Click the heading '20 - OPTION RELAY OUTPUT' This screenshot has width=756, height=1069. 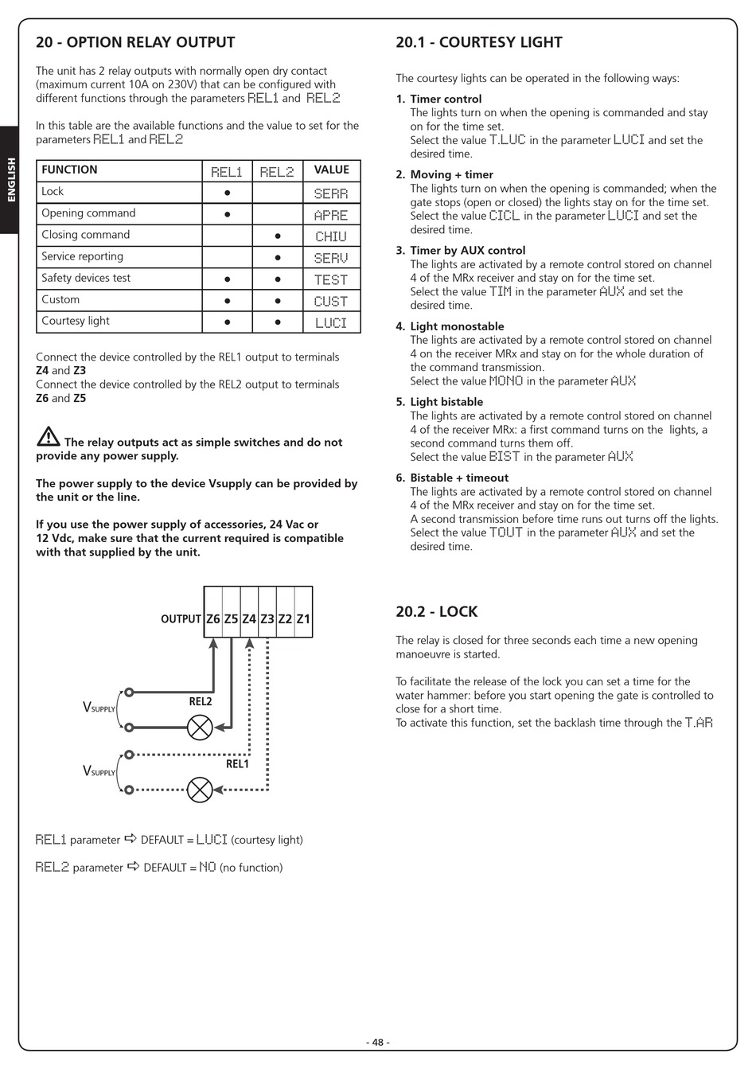[x=135, y=43]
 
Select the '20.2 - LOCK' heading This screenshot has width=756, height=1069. [x=437, y=612]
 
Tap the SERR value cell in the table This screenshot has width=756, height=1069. [x=331, y=193]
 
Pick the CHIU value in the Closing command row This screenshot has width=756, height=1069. [x=331, y=236]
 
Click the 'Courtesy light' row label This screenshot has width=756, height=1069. [x=76, y=321]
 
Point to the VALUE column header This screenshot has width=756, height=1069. [x=331, y=170]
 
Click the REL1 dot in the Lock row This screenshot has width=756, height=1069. [x=228, y=193]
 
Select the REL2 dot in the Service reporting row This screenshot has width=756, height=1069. [x=278, y=258]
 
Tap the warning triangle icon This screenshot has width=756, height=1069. [x=48, y=437]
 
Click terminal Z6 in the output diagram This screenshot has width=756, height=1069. [x=213, y=618]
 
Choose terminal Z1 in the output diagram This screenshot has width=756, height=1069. [x=303, y=618]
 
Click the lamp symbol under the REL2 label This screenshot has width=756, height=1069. [x=200, y=727]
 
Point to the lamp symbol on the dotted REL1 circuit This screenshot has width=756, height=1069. [x=200, y=790]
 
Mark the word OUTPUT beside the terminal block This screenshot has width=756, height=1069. [x=181, y=619]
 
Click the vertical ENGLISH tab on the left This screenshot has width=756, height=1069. [x=10, y=180]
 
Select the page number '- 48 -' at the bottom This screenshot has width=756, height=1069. [x=378, y=1043]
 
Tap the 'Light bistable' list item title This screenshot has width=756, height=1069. [x=446, y=402]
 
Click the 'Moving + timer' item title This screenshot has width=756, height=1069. [x=451, y=174]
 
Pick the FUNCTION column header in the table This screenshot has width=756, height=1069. [x=69, y=170]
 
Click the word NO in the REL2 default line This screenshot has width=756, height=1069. [x=207, y=867]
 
